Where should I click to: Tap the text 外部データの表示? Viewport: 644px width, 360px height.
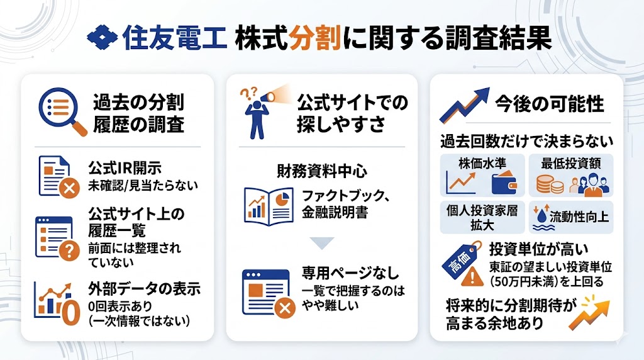[145, 290]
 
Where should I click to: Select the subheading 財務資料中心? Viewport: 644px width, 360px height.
[321, 171]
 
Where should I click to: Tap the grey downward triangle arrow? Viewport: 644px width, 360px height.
[322, 243]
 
